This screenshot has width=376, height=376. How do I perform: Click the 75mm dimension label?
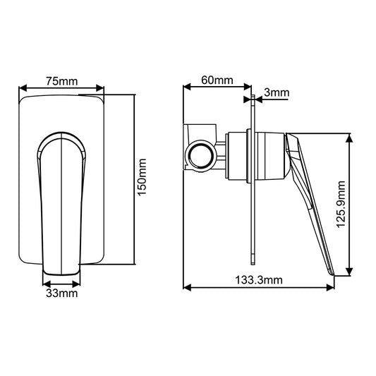[x=62, y=80]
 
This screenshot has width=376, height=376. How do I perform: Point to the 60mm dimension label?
[x=217, y=80]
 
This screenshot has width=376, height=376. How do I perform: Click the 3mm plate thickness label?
[x=274, y=92]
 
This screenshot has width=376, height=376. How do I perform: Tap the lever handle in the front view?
[x=63, y=198]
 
